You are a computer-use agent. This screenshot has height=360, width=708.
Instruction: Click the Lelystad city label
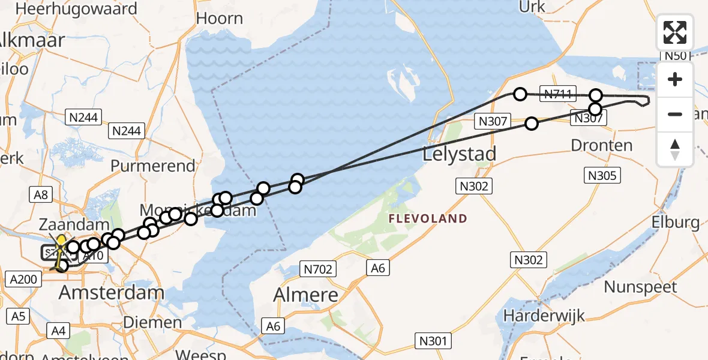tap(460, 154)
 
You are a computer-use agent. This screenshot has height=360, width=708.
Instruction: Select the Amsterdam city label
tap(112, 293)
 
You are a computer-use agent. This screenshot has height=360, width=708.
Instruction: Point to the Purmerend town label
tap(153, 166)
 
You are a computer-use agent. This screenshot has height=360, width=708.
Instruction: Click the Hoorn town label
tap(220, 18)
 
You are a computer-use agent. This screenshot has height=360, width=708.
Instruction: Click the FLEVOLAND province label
tap(428, 218)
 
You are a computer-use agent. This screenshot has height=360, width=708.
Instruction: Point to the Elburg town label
tap(675, 223)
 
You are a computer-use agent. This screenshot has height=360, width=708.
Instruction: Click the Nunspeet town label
tap(640, 287)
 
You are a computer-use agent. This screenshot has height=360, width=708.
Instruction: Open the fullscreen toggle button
tap(675, 32)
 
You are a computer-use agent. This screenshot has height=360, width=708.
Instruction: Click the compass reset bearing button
tap(675, 149)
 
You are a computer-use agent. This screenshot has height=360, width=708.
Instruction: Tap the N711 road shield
tap(558, 94)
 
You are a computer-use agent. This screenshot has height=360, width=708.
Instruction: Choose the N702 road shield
tap(318, 269)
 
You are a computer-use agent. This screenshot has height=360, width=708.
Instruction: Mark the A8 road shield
tap(41, 194)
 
